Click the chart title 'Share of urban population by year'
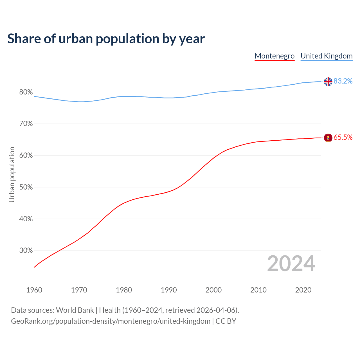coord(106,39)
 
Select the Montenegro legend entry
coord(274,56)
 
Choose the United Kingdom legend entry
coord(326,56)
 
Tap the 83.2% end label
coord(343,81)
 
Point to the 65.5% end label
coord(343,138)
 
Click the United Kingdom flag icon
coord(328,82)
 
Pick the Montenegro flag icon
coord(328,138)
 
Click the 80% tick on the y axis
coord(26,92)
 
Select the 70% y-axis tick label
coord(26,124)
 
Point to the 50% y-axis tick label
coord(26,187)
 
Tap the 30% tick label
coord(26,251)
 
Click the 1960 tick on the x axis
coord(34,290)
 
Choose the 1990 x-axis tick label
coord(169,290)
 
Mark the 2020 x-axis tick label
coord(303,290)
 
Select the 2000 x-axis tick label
coord(213,290)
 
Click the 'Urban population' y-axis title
coord(12,174)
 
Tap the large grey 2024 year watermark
coord(291,264)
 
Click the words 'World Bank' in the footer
coord(75,310)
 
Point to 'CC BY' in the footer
coord(226,321)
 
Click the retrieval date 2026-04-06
coord(216,310)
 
